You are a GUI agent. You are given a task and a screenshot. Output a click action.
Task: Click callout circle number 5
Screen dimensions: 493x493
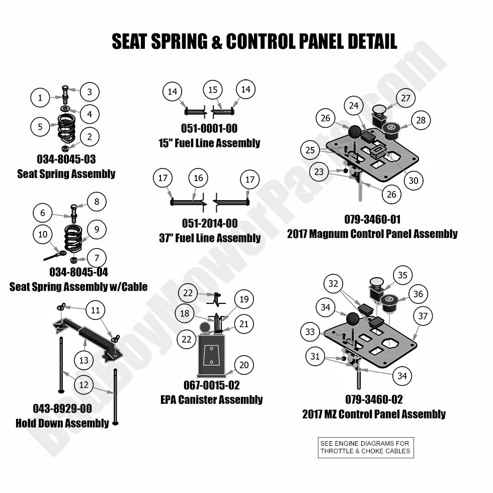pyautogui.click(x=40, y=126)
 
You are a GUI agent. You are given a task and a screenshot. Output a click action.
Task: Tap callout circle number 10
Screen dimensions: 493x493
pyautogui.click(x=43, y=234)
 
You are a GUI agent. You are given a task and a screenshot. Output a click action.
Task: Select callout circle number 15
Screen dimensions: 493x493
pyautogui.click(x=213, y=90)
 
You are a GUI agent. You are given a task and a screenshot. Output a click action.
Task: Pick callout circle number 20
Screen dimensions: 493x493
pyautogui.click(x=243, y=365)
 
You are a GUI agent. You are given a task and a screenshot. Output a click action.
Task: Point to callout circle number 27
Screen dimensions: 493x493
pyautogui.click(x=406, y=98)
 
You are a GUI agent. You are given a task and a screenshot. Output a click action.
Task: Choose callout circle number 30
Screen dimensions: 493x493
pyautogui.click(x=413, y=181)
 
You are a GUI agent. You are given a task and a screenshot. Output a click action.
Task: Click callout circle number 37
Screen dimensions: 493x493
pyautogui.click(x=423, y=316)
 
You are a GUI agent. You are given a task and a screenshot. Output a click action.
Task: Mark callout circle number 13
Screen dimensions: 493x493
pyautogui.click(x=84, y=360)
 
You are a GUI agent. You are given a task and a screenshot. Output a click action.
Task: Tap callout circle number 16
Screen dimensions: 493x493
pyautogui.click(x=198, y=178)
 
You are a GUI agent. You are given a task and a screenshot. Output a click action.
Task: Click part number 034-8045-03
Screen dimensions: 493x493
pyautogui.click(x=66, y=159)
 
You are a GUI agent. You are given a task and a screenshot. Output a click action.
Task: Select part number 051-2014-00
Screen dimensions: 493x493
pyautogui.click(x=209, y=223)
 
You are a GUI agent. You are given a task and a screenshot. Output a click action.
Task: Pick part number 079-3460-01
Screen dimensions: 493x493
pyautogui.click(x=372, y=219)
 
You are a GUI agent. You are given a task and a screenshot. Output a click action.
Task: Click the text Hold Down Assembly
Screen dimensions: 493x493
pyautogui.click(x=62, y=423)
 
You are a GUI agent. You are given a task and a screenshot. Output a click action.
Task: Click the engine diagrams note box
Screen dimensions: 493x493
pyautogui.click(x=365, y=447)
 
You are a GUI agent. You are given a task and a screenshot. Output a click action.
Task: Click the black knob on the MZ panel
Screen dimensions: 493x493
pyautogui.click(x=352, y=318)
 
